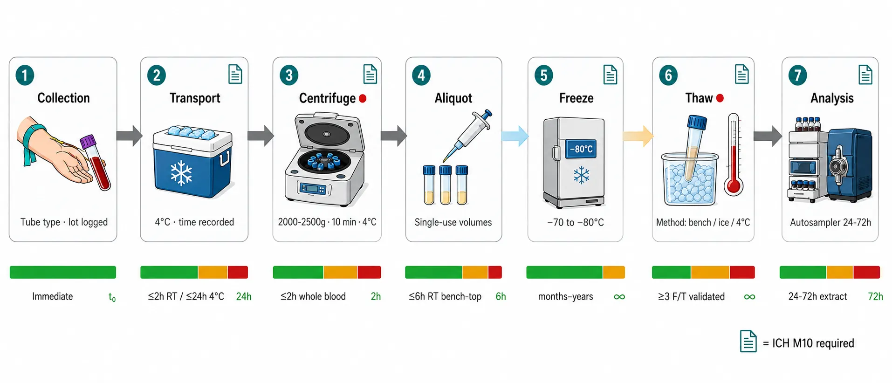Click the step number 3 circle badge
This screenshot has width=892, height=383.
click(x=289, y=75)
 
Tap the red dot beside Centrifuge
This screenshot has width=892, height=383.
click(x=363, y=98)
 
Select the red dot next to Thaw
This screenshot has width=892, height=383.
click(x=720, y=98)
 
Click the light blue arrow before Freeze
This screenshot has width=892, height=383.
click(x=515, y=136)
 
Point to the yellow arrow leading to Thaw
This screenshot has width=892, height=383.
click(x=638, y=136)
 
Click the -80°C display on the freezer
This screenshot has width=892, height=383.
click(x=581, y=149)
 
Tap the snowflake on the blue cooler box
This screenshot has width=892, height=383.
click(x=181, y=173)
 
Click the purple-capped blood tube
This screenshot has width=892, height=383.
click(x=96, y=162)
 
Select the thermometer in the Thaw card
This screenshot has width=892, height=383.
click(x=734, y=154)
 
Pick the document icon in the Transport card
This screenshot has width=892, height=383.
click(x=235, y=75)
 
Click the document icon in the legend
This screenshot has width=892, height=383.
click(x=748, y=341)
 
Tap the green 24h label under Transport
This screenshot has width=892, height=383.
click(x=244, y=296)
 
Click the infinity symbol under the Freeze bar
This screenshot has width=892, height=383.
click(x=619, y=297)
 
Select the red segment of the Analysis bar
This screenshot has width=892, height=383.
click(x=866, y=272)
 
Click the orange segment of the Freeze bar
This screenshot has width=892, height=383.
click(x=614, y=272)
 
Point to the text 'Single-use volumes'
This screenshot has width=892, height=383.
click(x=453, y=222)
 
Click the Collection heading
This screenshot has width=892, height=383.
click(x=63, y=98)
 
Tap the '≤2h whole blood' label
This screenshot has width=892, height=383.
click(x=313, y=296)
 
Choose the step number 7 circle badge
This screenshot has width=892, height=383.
click(x=798, y=75)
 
